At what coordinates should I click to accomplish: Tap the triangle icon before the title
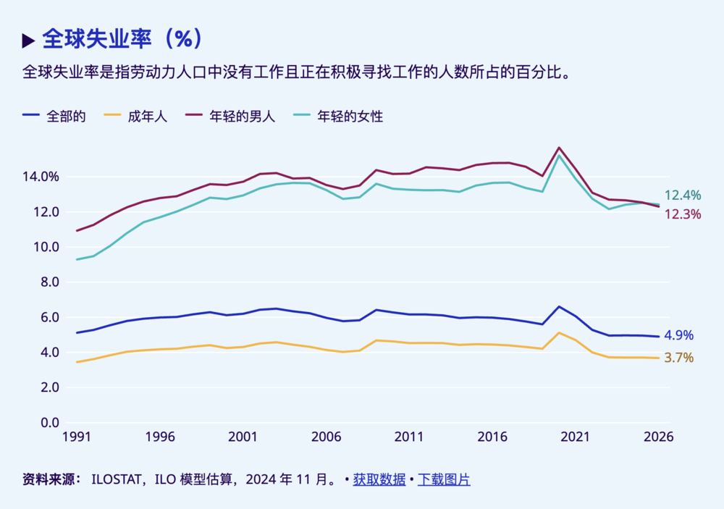coord(29,41)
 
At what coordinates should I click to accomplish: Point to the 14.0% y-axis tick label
coord(41,177)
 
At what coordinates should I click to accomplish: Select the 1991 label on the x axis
coord(77,437)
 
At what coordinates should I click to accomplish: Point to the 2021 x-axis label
coord(576,437)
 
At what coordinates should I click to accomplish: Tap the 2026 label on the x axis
coord(658,437)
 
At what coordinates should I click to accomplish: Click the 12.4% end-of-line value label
coord(683,195)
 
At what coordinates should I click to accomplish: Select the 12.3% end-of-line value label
coord(683,214)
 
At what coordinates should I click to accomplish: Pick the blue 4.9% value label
coord(679,335)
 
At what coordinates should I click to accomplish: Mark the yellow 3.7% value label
coord(679,358)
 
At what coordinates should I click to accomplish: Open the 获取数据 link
coord(379,479)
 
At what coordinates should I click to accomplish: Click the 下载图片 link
coord(444,479)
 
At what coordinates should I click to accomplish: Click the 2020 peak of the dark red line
coord(559,148)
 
